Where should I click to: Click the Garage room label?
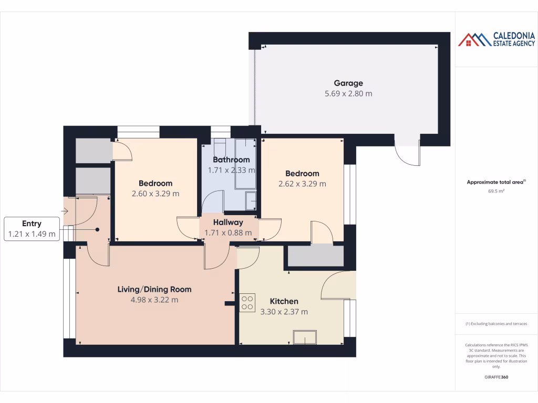click(348, 83)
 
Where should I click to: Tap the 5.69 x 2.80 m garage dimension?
click(348, 93)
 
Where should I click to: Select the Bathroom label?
click(231, 160)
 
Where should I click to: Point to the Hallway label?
click(228, 222)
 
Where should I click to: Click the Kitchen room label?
click(284, 301)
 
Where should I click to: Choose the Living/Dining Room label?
click(154, 289)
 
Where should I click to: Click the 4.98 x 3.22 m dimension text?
click(154, 300)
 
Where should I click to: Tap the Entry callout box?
click(32, 229)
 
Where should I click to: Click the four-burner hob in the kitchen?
click(247, 302)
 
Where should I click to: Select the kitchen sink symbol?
click(305, 337)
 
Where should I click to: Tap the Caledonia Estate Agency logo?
click(496, 39)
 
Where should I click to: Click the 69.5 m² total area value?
click(496, 192)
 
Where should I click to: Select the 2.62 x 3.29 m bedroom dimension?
click(302, 184)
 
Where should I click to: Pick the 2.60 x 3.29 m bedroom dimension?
click(156, 193)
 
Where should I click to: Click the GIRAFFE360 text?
click(496, 377)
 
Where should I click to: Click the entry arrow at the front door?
click(65, 211)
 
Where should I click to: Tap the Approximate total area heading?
click(496, 183)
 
